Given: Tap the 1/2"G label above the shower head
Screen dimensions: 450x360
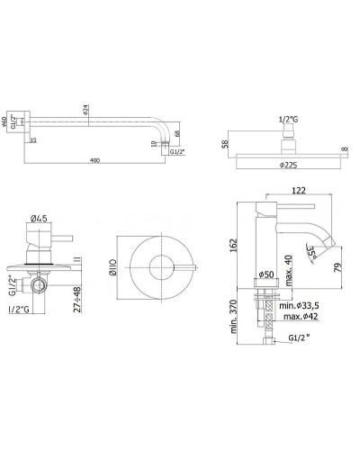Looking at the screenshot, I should (288, 120).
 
